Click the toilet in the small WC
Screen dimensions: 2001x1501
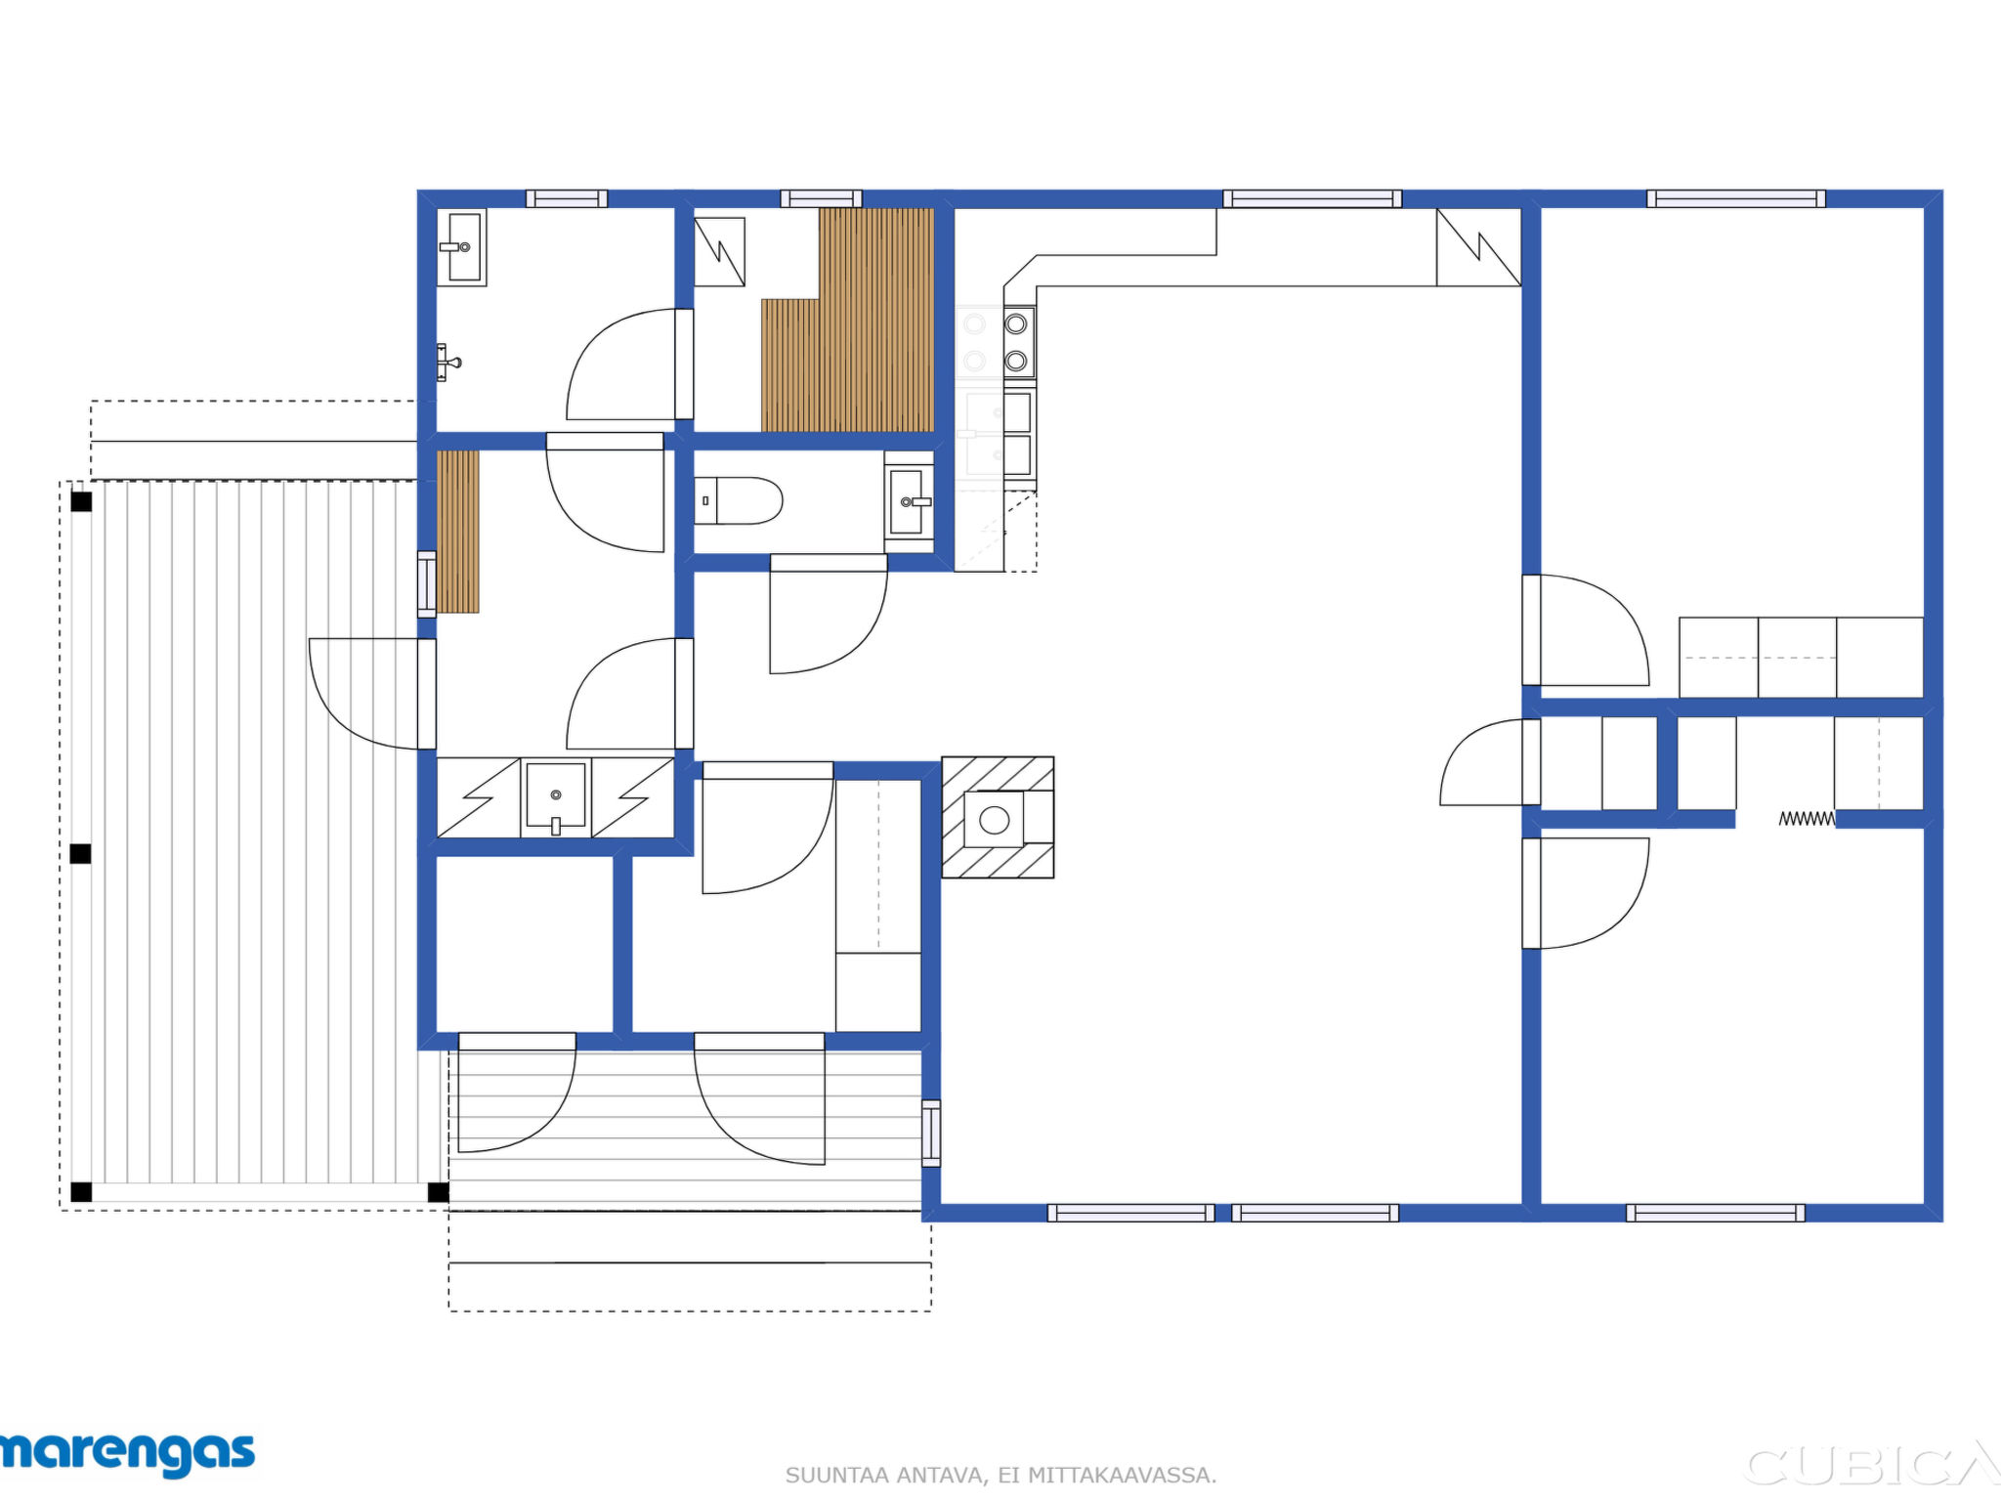click(738, 500)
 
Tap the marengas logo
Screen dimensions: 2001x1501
click(127, 1454)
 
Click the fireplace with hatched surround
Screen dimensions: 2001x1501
click(998, 817)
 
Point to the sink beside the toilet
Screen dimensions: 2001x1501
click(909, 501)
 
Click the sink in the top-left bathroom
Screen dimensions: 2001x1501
click(461, 247)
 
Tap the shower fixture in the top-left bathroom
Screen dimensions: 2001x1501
click(447, 363)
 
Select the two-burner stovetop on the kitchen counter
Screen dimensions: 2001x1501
click(1018, 342)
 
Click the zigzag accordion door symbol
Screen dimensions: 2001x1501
click(1807, 819)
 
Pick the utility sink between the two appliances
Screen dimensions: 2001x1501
click(556, 797)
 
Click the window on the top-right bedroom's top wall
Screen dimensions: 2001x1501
click(1736, 199)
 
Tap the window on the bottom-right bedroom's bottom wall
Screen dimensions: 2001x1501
click(1716, 1213)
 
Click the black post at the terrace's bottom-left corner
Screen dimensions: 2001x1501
click(82, 1192)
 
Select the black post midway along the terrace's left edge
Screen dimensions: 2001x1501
click(81, 854)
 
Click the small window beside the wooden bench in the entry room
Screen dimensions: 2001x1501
click(427, 584)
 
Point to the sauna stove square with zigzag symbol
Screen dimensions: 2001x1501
click(720, 252)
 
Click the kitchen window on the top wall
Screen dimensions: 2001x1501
click(1312, 199)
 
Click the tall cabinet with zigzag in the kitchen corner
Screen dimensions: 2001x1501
click(1478, 246)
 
